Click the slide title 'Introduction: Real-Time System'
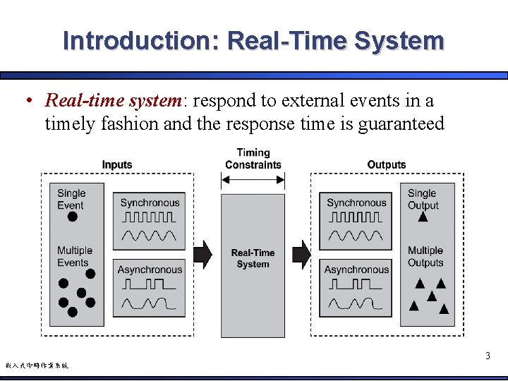click(253, 40)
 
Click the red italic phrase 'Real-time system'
click(113, 100)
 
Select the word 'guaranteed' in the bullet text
click(401, 124)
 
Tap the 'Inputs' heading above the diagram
click(117, 164)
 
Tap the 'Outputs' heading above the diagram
click(387, 164)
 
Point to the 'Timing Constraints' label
click(253, 159)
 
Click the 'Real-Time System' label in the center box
click(253, 258)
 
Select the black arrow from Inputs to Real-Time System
click(202, 254)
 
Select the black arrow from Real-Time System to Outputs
click(301, 254)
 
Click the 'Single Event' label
click(71, 199)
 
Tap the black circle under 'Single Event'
click(72, 217)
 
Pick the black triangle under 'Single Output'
click(423, 217)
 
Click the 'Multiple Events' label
click(74, 256)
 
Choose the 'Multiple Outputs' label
click(425, 256)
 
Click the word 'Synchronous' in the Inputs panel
click(150, 202)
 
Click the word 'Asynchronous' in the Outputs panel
click(356, 270)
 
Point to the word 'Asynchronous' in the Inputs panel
click(150, 270)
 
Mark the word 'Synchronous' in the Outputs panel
click(356, 202)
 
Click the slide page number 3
click(488, 356)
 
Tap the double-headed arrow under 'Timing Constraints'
click(253, 181)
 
